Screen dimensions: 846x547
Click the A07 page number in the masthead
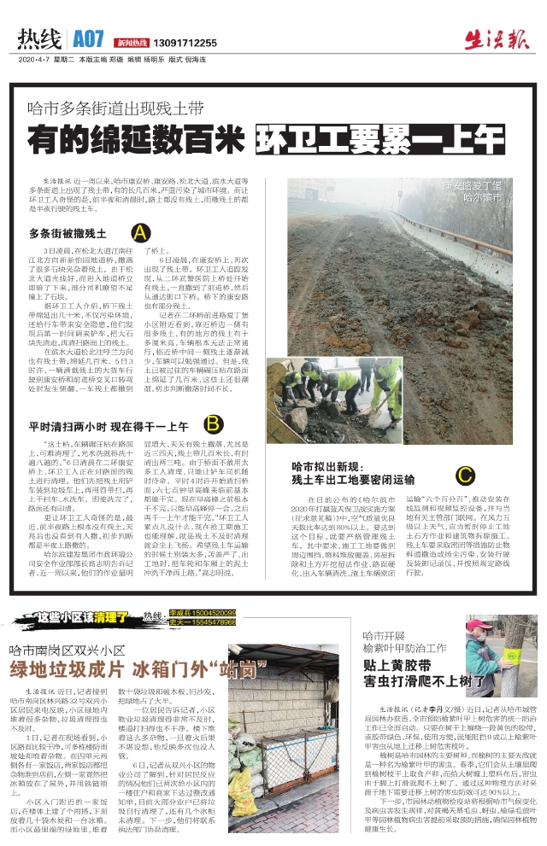pos(88,39)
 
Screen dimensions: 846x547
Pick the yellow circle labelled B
pos(213,424)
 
